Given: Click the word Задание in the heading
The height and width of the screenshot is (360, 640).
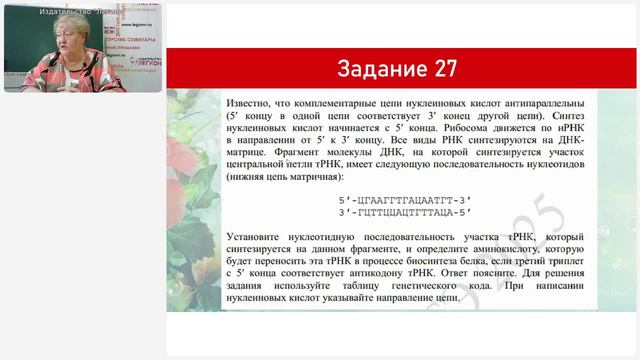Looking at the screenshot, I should pos(379,68).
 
